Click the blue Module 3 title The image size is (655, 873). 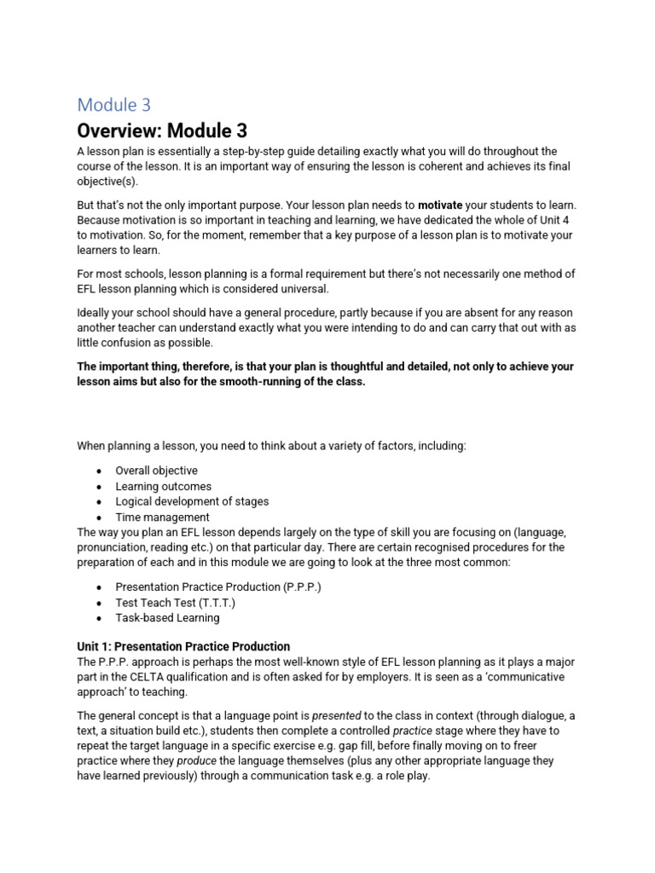[x=113, y=105]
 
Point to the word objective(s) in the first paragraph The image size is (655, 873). [x=107, y=182]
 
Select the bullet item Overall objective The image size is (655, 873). [x=156, y=471]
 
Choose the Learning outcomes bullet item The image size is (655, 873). [x=163, y=486]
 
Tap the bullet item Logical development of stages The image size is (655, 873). [x=192, y=501]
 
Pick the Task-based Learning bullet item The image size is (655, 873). [x=167, y=617]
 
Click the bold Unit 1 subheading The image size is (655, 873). [x=183, y=646]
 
